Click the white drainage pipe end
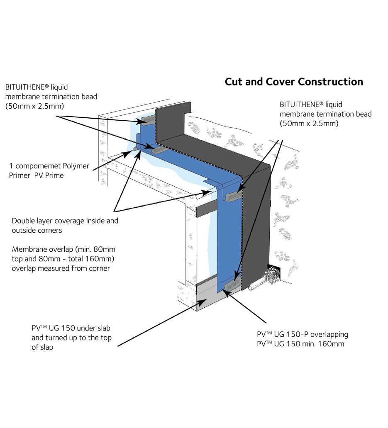coord(250,288)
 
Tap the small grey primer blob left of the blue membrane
coord(135,148)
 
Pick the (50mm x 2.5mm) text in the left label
coord(35,106)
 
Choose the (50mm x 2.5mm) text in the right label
coord(309,123)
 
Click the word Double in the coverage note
coord(24,221)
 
